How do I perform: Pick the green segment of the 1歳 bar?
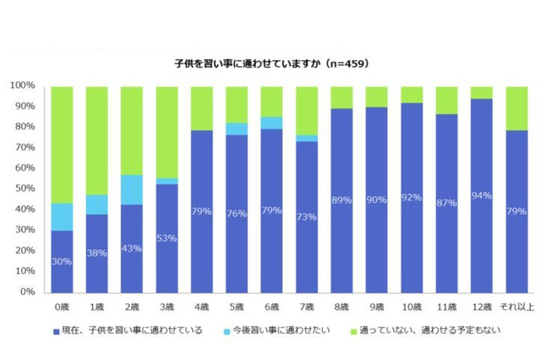(x=97, y=139)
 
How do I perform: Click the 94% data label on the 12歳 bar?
(x=481, y=195)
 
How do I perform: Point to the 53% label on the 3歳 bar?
(x=167, y=237)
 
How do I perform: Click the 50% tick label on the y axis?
(x=25, y=188)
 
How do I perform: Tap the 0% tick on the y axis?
(x=27, y=292)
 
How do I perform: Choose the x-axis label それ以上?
(x=516, y=307)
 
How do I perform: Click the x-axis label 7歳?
(x=307, y=307)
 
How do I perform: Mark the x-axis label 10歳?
(x=411, y=307)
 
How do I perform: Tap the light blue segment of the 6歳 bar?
(x=271, y=123)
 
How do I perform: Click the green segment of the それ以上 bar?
(x=516, y=107)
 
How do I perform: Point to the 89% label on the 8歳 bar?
(x=342, y=199)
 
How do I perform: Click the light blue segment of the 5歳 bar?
(x=237, y=128)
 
